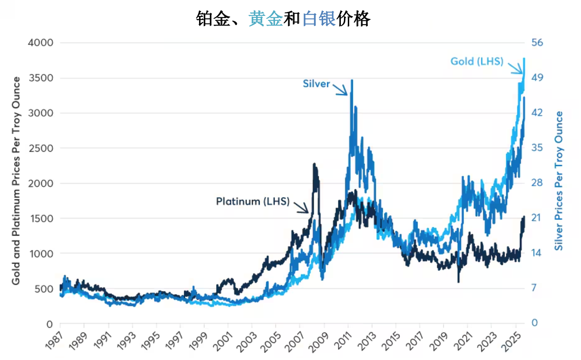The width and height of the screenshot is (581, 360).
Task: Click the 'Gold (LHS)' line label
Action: pos(477,61)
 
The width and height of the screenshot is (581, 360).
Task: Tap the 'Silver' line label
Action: pos(316,83)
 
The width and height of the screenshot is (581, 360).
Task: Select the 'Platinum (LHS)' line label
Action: pos(253,202)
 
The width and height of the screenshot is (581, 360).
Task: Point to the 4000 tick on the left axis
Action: pos(41,43)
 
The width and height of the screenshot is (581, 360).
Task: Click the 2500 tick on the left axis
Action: pos(41,148)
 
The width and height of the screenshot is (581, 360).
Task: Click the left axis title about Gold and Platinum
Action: pos(16,181)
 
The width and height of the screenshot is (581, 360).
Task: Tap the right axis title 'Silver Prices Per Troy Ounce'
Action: pos(559,181)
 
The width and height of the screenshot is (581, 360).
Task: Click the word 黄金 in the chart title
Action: pos(265,19)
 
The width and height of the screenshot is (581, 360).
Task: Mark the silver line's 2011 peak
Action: pos(351,81)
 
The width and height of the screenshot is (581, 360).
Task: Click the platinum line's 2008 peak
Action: pos(314,165)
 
